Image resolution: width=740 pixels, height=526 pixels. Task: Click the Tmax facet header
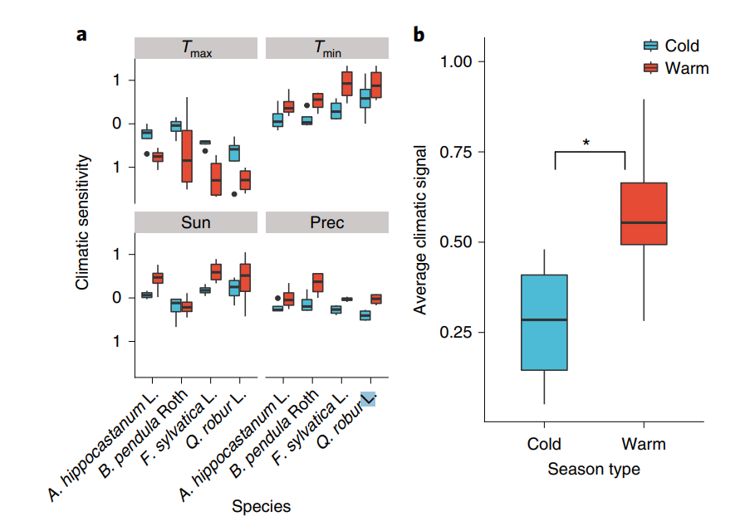(x=197, y=48)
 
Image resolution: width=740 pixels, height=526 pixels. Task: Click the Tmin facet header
(x=326, y=48)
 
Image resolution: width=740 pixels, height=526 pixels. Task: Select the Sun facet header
(x=197, y=222)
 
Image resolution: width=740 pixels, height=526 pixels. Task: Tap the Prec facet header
(x=326, y=222)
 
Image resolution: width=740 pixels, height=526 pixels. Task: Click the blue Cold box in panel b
(x=544, y=322)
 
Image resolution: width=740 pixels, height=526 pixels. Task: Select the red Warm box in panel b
(x=644, y=213)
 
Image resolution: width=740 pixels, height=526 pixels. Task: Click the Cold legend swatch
(x=651, y=46)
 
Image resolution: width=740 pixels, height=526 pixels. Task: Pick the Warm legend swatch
(x=651, y=68)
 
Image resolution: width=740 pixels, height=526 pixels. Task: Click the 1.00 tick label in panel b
(x=455, y=62)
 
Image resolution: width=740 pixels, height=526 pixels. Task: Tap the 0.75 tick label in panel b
(x=455, y=153)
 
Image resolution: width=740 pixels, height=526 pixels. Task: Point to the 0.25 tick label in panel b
(x=455, y=333)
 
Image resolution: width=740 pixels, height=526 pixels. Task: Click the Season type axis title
(x=594, y=470)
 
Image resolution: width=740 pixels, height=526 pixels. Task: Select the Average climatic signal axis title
(x=421, y=230)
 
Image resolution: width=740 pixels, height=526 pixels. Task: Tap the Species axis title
(x=262, y=506)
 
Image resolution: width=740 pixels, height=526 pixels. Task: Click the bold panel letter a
(x=81, y=35)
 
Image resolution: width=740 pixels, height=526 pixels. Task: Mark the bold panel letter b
(x=419, y=35)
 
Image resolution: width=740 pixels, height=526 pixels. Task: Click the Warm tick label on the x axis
(x=644, y=444)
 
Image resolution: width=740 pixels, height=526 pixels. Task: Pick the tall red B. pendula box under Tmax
(x=187, y=156)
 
